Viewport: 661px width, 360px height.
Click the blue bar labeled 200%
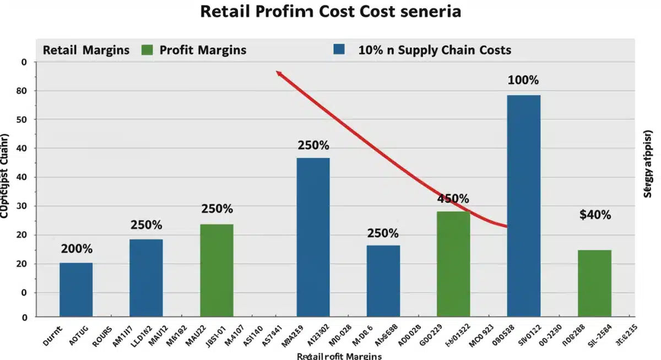click(x=76, y=290)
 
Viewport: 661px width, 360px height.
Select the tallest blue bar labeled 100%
click(x=523, y=206)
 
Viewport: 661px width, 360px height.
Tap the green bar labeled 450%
click(x=453, y=264)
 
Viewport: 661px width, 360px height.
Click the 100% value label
click(x=523, y=80)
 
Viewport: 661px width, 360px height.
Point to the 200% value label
click(x=77, y=248)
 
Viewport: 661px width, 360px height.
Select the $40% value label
click(x=595, y=215)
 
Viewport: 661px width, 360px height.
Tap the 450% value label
click(x=453, y=198)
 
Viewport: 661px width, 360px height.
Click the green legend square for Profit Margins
click(x=147, y=50)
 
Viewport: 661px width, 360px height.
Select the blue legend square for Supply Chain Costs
click(x=339, y=50)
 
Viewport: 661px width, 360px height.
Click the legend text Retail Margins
click(x=86, y=50)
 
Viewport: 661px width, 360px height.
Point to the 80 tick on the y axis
click(x=24, y=90)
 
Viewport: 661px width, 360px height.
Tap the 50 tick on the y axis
click(x=24, y=119)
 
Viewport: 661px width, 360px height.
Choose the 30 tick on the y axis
click(x=24, y=206)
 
